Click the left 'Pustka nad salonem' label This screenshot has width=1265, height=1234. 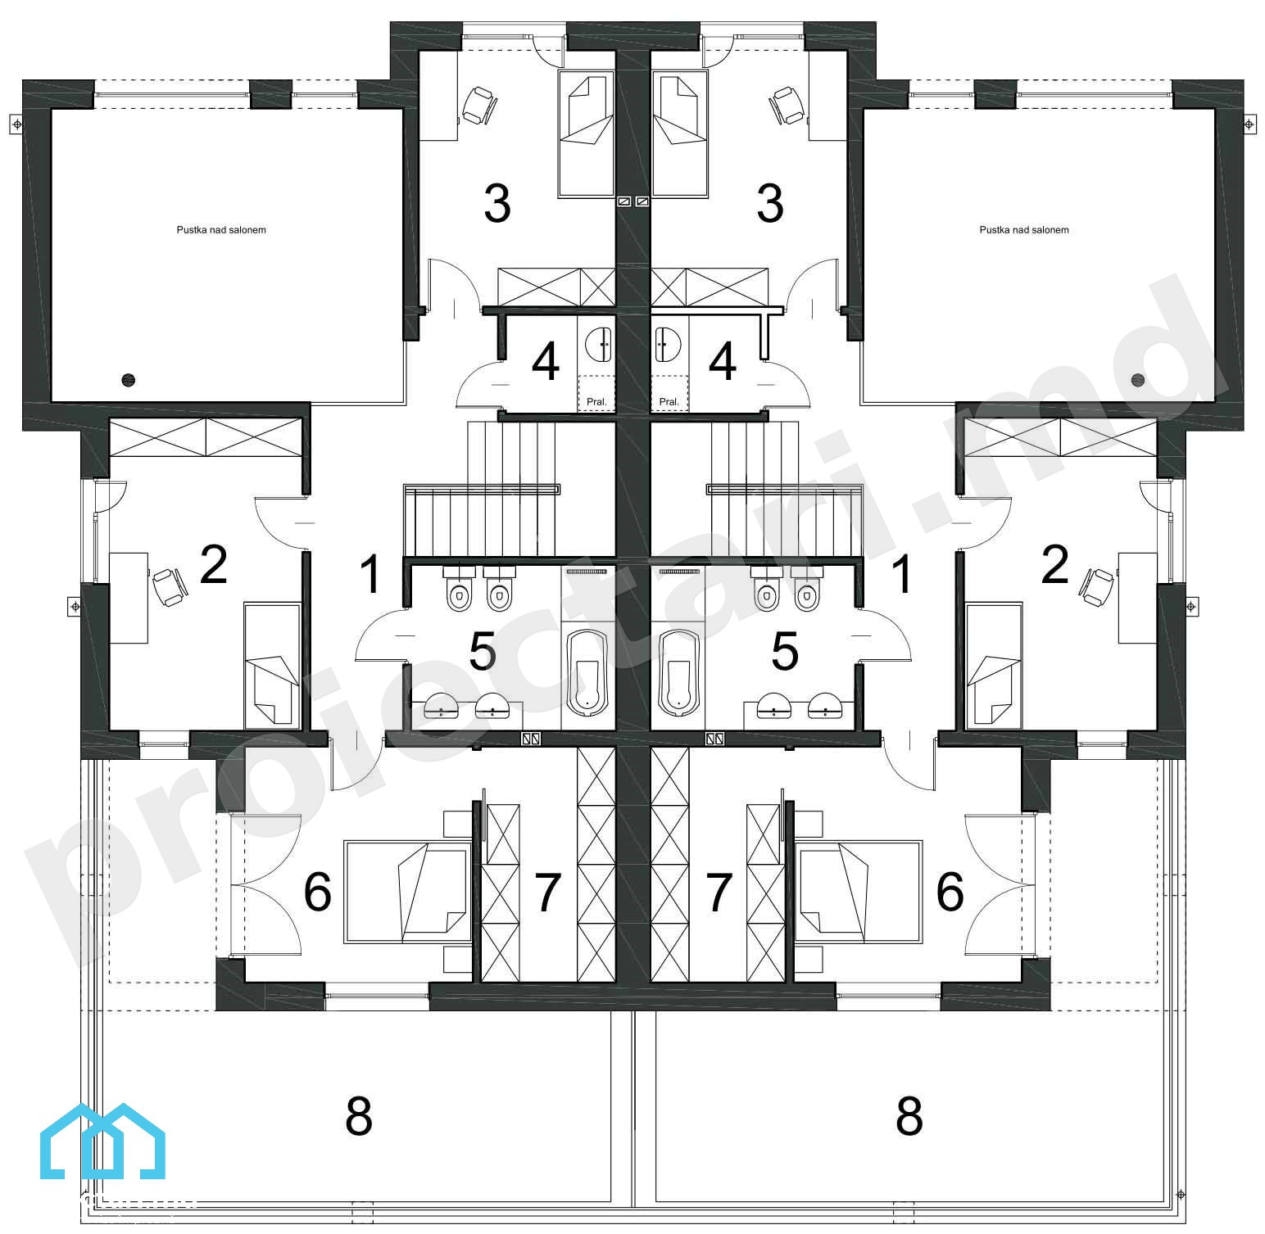tap(221, 230)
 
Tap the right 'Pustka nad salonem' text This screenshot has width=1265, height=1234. tap(1024, 230)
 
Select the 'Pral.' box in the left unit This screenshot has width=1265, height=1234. tap(596, 393)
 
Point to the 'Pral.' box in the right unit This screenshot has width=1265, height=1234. tap(669, 393)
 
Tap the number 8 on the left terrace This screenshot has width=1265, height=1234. tap(359, 1115)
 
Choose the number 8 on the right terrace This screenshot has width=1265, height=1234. tap(909, 1115)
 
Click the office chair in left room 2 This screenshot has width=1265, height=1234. tap(169, 586)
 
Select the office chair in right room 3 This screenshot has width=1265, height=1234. tap(787, 106)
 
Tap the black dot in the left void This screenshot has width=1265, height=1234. tap(128, 379)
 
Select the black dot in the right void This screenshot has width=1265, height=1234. tap(1137, 379)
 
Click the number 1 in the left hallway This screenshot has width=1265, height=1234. tap(371, 574)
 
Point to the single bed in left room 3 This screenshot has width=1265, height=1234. tap(587, 133)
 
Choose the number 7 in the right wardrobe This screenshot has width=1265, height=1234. tap(719, 893)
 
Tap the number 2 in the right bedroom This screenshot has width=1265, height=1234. tap(1054, 565)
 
